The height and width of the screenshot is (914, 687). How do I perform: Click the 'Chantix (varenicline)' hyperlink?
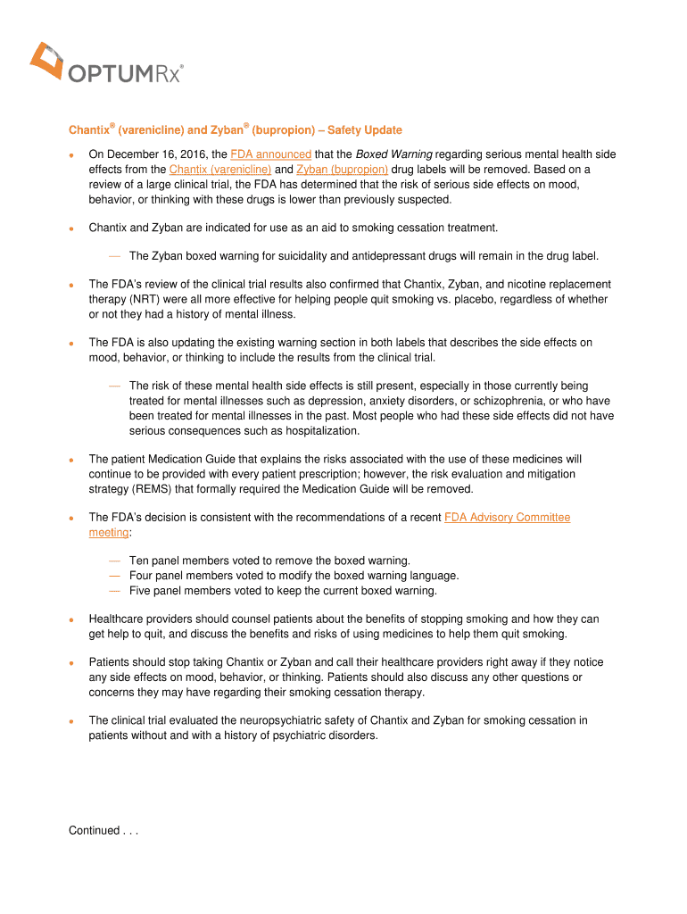point(220,169)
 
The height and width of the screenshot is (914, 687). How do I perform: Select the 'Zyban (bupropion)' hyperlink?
point(342,169)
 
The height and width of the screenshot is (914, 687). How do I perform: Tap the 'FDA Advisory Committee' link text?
point(507,518)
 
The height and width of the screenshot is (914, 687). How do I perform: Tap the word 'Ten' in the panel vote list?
point(140,561)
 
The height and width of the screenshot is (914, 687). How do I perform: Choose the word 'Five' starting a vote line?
point(142,591)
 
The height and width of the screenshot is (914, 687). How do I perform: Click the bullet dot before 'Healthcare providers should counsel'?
point(72,619)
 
